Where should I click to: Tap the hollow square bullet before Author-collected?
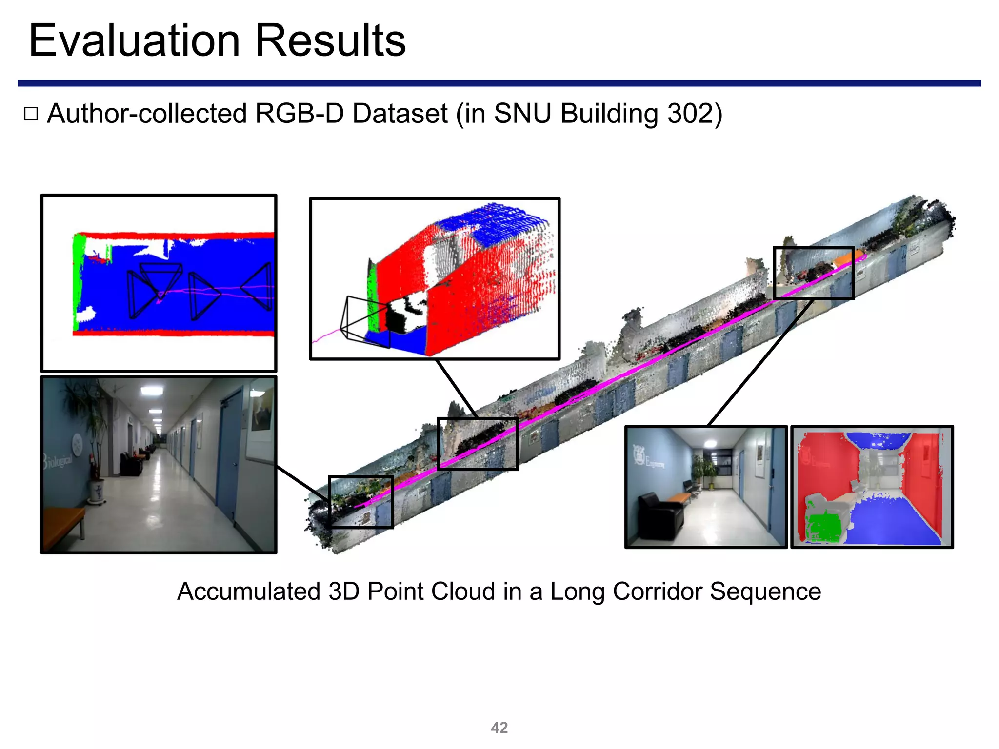pos(31,114)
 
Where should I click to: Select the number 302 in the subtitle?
pos(688,114)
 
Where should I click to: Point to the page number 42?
pos(499,728)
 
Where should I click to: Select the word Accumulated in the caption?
pos(249,591)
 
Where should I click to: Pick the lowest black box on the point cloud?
pos(361,502)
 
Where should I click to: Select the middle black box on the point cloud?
pos(478,444)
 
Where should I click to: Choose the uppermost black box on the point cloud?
pos(814,273)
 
